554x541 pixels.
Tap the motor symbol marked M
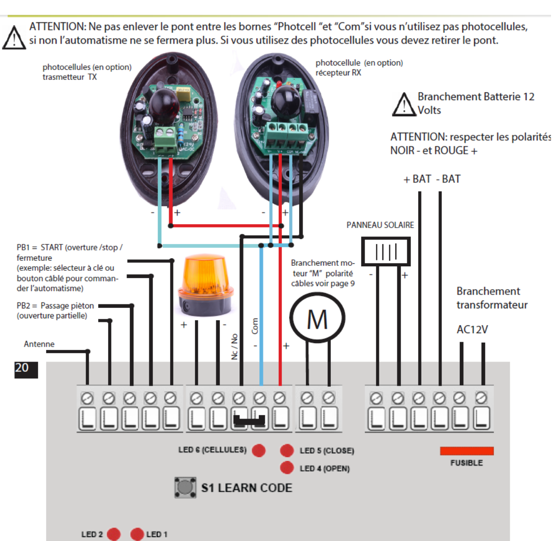pyautogui.click(x=317, y=320)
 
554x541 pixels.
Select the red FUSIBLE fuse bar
pyautogui.click(x=467, y=451)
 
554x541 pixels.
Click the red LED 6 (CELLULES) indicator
pyautogui.click(x=258, y=450)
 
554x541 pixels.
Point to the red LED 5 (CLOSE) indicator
pyautogui.click(x=287, y=450)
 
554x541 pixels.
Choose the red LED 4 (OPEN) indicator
pyautogui.click(x=287, y=468)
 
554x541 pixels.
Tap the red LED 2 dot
pyautogui.click(x=114, y=534)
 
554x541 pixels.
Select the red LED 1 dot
pyautogui.click(x=137, y=534)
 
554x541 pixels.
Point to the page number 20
pyautogui.click(x=22, y=368)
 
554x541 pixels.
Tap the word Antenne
pyautogui.click(x=39, y=344)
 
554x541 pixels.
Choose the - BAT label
pyautogui.click(x=448, y=179)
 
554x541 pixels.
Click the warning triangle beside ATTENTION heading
pyautogui.click(x=14, y=38)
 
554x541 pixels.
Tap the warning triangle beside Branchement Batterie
pyautogui.click(x=403, y=104)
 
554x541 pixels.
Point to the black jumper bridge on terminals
pyautogui.click(x=250, y=422)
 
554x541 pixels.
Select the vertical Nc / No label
pyautogui.click(x=235, y=346)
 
